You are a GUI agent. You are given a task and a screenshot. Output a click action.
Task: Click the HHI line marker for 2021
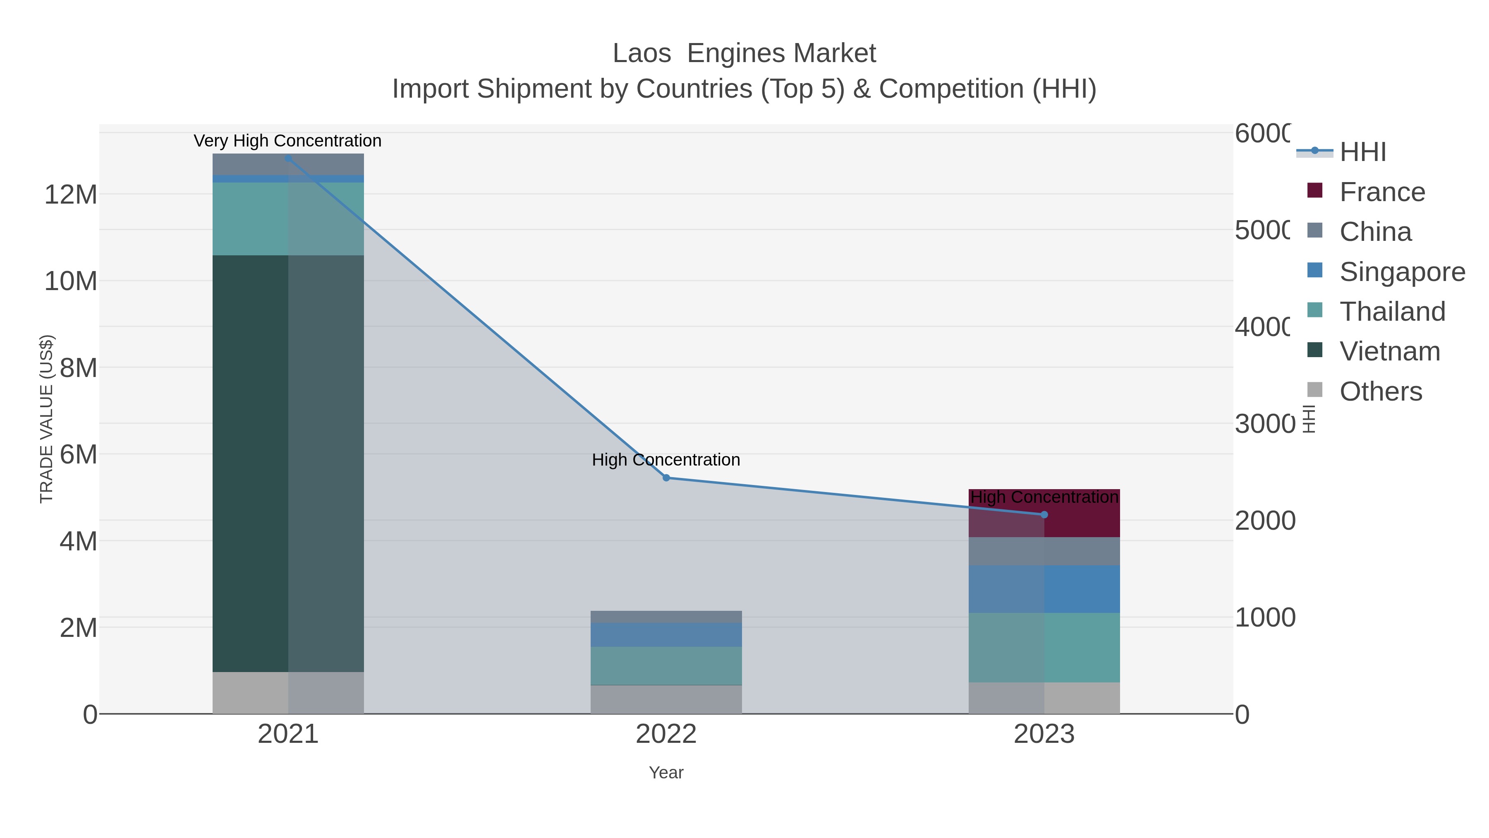tap(288, 158)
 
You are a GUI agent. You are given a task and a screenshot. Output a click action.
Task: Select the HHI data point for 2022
tap(666, 478)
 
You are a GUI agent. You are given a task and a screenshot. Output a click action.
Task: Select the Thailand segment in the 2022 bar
tap(666, 666)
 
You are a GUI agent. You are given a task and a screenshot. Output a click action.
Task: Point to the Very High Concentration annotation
tap(287, 141)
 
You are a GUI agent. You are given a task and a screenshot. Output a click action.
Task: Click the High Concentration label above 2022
tap(666, 460)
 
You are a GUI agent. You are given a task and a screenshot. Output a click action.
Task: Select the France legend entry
tap(1381, 192)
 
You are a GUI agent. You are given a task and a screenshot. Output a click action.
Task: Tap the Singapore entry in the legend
tap(1402, 272)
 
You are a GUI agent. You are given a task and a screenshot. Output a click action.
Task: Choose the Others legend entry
tap(1380, 391)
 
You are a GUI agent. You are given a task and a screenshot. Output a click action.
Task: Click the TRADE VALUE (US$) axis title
tap(46, 419)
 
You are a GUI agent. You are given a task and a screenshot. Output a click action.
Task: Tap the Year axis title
tap(666, 773)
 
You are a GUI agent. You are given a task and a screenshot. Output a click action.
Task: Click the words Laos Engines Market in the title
tap(744, 53)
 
